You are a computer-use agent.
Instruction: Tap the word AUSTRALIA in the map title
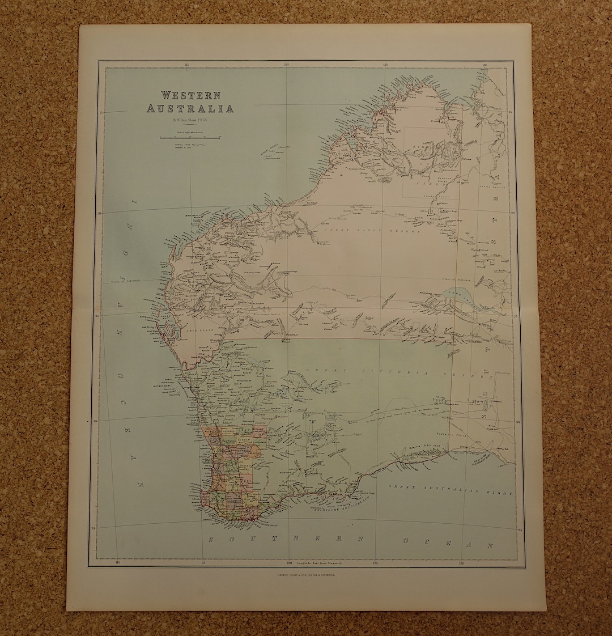pos(190,109)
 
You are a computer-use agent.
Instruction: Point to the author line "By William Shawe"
pos(190,120)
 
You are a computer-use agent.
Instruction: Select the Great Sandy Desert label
pos(371,231)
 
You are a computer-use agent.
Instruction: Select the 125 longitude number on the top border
pos(385,64)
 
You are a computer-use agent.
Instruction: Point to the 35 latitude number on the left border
pos(93,528)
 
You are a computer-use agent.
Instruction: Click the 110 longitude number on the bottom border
pos(117,563)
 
